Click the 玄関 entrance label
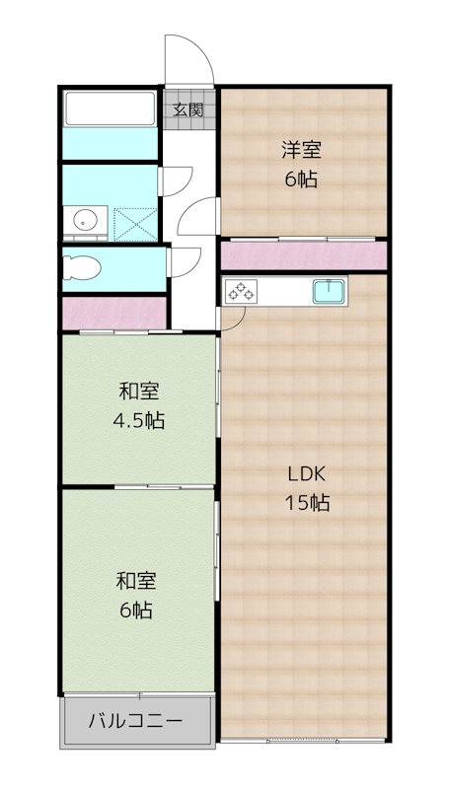pos(188,109)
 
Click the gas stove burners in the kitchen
pos(241,291)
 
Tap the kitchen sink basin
pos(328,291)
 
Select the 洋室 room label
pos(302,151)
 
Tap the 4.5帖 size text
pos(138,420)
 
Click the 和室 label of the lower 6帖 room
pos(135,580)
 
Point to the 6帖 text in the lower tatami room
pos(135,610)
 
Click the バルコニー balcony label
pos(136,721)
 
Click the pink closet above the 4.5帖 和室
pos(111,314)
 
